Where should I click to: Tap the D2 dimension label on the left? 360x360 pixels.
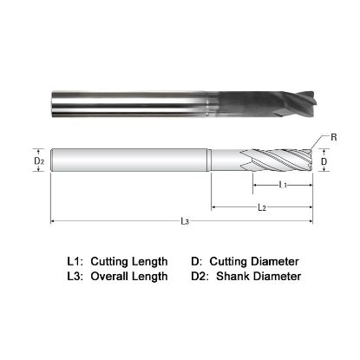(37, 160)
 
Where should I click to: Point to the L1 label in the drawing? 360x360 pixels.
(283, 186)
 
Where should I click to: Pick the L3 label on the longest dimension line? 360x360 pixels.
(184, 222)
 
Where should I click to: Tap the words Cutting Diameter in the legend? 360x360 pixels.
(258, 260)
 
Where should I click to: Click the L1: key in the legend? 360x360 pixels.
(76, 260)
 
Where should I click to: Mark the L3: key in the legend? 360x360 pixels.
(76, 277)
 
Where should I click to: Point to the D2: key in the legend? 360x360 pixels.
(200, 277)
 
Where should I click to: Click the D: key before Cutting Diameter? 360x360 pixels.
(197, 260)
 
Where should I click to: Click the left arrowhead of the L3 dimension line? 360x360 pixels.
(55, 221)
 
